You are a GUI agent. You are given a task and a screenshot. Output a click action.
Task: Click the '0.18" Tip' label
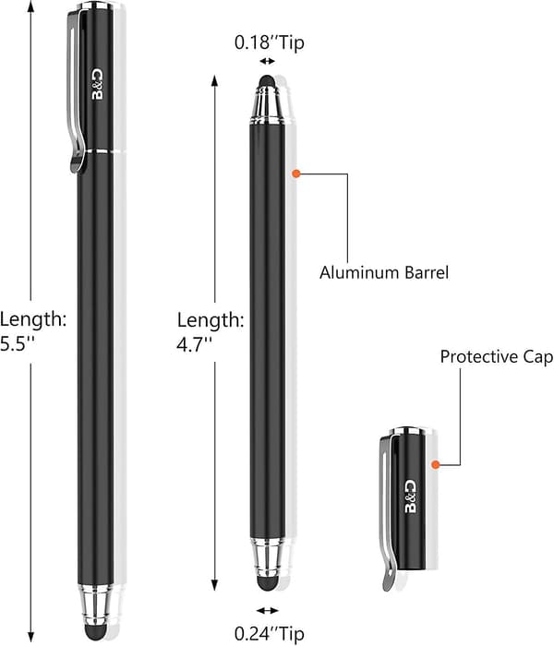pyautogui.click(x=270, y=42)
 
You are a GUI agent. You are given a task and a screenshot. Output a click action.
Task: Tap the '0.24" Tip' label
pyautogui.click(x=270, y=633)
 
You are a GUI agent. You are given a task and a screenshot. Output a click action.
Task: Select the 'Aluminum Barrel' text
pyautogui.click(x=384, y=273)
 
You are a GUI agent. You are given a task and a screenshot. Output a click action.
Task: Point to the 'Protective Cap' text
pyautogui.click(x=497, y=357)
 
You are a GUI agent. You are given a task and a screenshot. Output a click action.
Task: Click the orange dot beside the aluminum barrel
pyautogui.click(x=296, y=173)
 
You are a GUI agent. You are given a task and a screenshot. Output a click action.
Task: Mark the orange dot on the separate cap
pyautogui.click(x=435, y=465)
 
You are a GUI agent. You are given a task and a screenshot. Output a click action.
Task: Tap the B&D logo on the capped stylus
pyautogui.click(x=98, y=85)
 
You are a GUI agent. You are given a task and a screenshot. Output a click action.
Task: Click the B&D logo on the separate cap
pyautogui.click(x=410, y=496)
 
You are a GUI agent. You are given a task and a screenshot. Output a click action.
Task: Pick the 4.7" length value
pyautogui.click(x=194, y=344)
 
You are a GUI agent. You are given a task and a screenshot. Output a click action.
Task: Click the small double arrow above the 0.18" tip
pyautogui.click(x=267, y=62)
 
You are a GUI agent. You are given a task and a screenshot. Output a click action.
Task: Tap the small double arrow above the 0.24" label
pyautogui.click(x=267, y=610)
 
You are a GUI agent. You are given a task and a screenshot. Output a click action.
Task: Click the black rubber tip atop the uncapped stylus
pyautogui.click(x=267, y=81)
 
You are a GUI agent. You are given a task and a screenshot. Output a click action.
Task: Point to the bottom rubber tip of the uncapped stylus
pyautogui.click(x=267, y=583)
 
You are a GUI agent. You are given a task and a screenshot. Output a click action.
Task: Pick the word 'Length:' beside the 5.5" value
pyautogui.click(x=33, y=319)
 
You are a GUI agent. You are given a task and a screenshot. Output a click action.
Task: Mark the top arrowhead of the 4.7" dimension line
pyautogui.click(x=214, y=80)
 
